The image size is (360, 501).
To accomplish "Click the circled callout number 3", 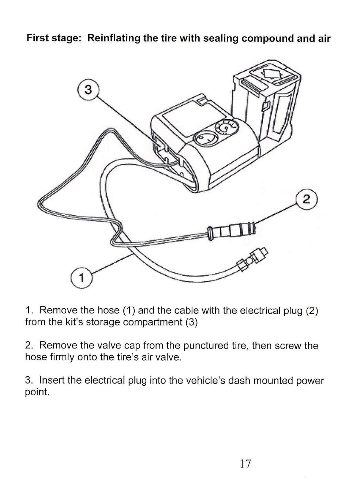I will (x=88, y=90).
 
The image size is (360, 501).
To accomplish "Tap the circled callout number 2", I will (x=307, y=199).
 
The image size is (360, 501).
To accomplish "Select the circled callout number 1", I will (x=81, y=278).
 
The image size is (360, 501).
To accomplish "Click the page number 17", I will (x=245, y=464).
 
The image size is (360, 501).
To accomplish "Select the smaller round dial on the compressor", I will (x=226, y=128).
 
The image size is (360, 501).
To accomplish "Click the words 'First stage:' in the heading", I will (x=53, y=39).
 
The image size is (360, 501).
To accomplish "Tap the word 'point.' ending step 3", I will (x=37, y=393).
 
